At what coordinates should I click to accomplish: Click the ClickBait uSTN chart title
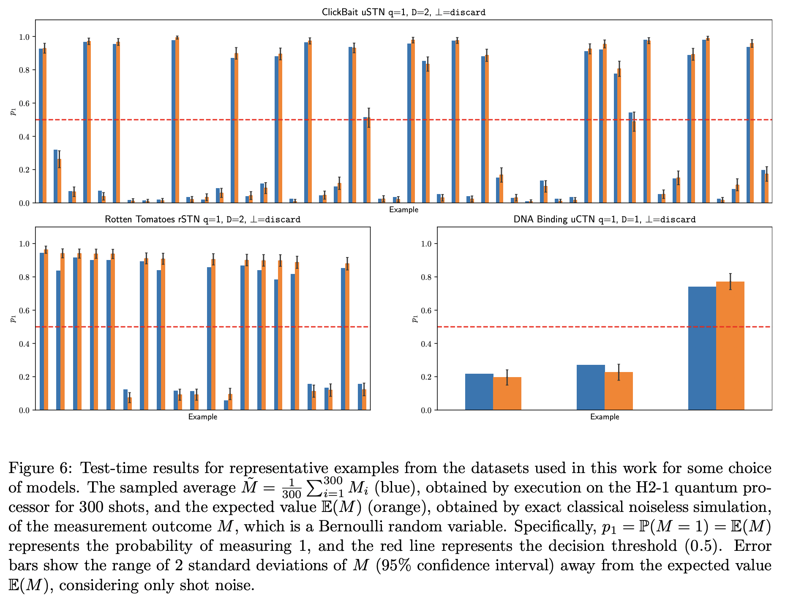(x=403, y=12)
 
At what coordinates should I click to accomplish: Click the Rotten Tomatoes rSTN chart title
(x=202, y=219)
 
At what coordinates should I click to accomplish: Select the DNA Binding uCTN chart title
(x=604, y=219)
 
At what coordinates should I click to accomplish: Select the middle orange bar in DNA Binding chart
(x=619, y=391)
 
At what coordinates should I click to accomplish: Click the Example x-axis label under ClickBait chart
(x=403, y=210)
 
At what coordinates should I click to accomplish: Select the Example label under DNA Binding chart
(x=604, y=417)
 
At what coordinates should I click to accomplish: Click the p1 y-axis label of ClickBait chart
(x=13, y=112)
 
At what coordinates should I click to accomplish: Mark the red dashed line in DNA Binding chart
(x=549, y=327)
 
